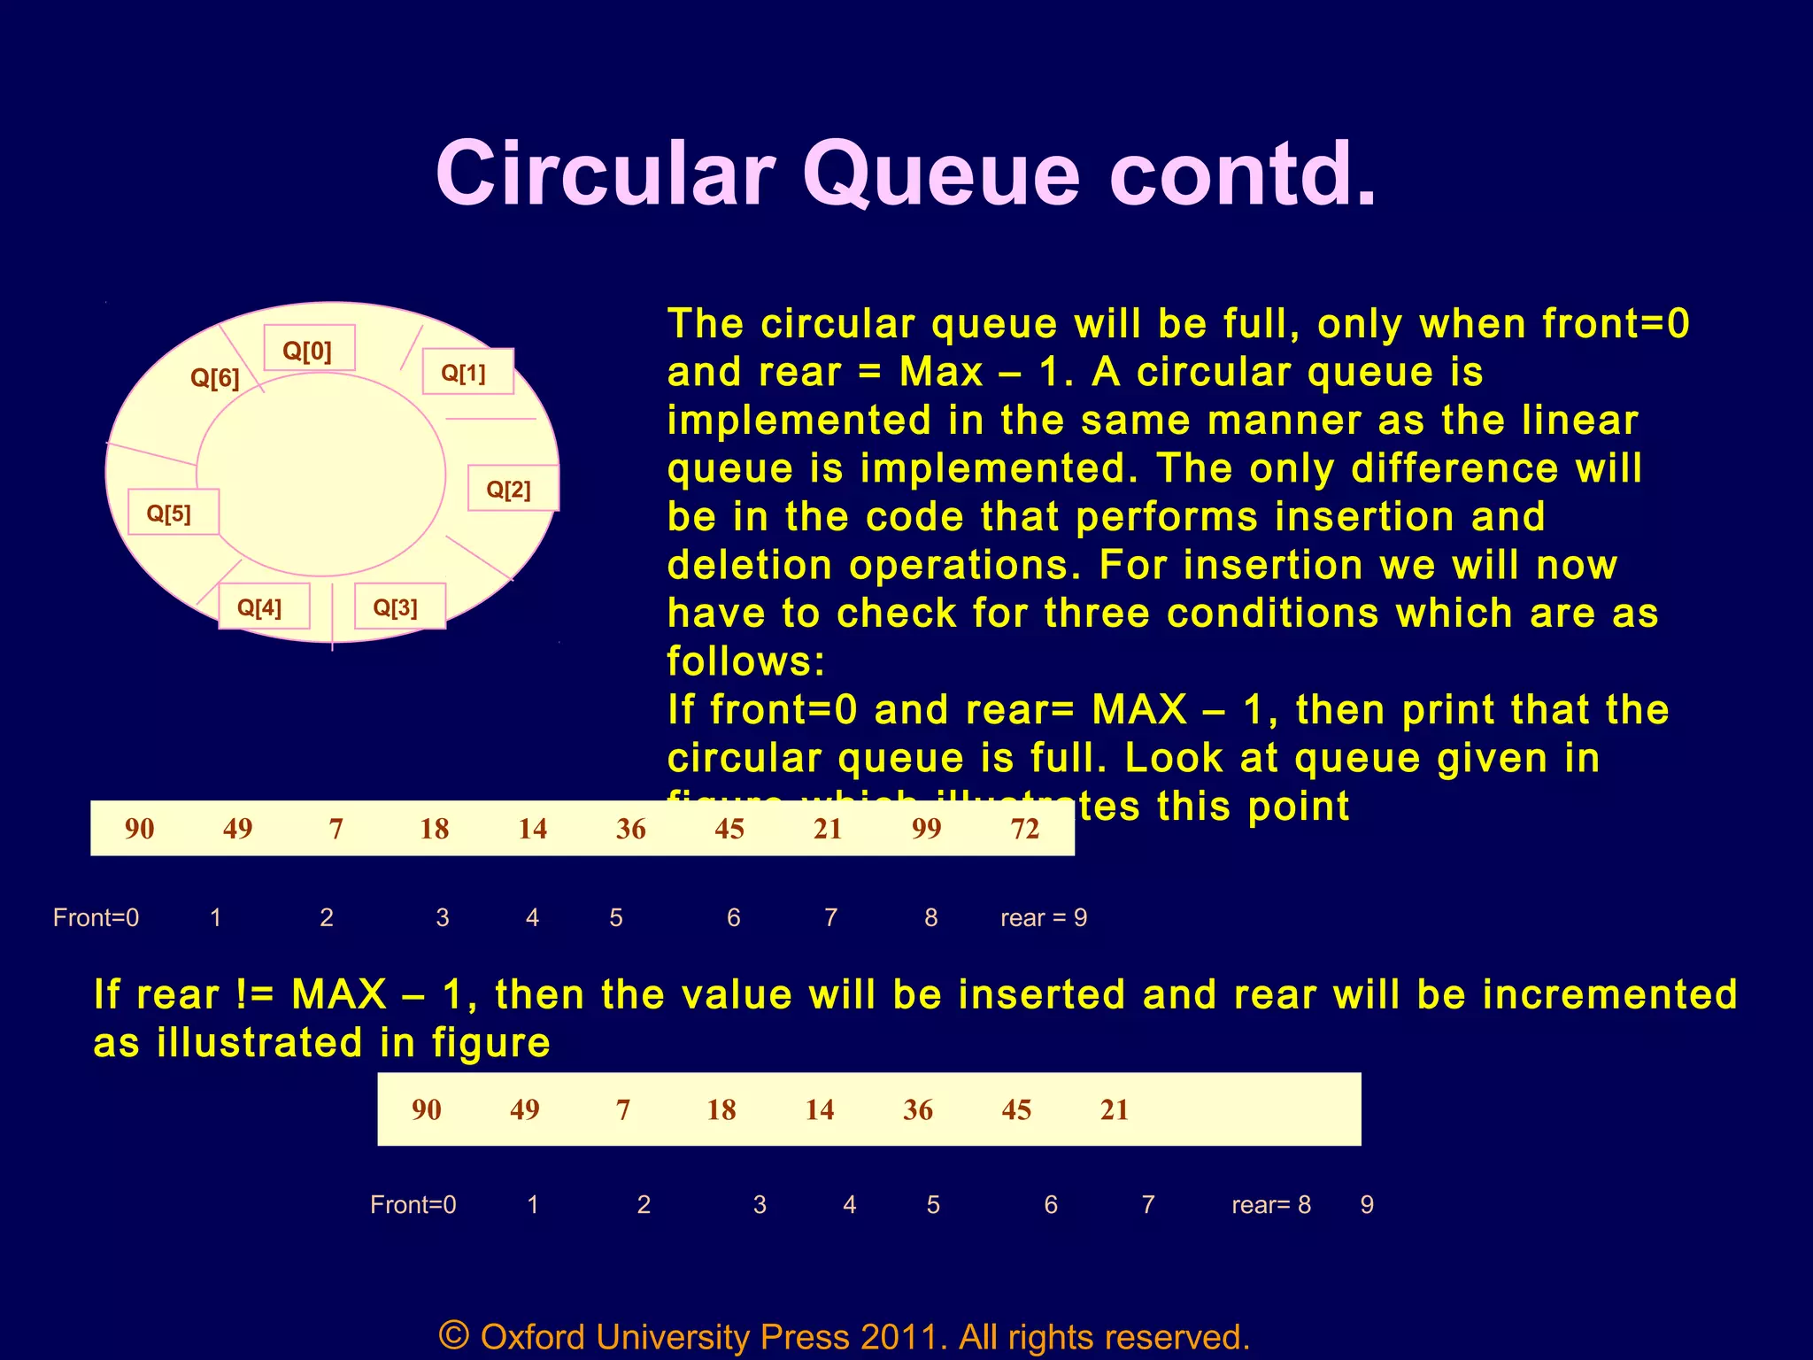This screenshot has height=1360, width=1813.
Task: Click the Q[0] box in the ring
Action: point(309,349)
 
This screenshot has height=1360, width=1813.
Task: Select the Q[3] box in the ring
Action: point(399,607)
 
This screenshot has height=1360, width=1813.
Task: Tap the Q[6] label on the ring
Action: point(215,378)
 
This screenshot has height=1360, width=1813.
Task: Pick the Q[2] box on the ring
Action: point(512,488)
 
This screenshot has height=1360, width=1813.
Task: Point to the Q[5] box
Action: point(173,512)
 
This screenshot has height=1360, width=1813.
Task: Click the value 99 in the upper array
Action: point(926,829)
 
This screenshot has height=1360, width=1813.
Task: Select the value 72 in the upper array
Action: point(1024,829)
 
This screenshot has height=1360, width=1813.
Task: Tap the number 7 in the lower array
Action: point(623,1109)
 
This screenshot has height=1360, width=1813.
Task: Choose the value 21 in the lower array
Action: point(1115,1109)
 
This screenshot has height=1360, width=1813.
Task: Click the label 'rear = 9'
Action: point(1043,917)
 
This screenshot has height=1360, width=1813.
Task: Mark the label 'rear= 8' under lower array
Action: point(1270,1204)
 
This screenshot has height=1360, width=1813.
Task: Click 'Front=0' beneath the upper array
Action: point(96,917)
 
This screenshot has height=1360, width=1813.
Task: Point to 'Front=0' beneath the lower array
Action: point(413,1204)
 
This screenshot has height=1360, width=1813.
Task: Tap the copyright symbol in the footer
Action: point(453,1334)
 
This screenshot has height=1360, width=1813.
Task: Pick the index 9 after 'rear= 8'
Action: point(1367,1204)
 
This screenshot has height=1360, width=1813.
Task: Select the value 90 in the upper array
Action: point(140,829)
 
